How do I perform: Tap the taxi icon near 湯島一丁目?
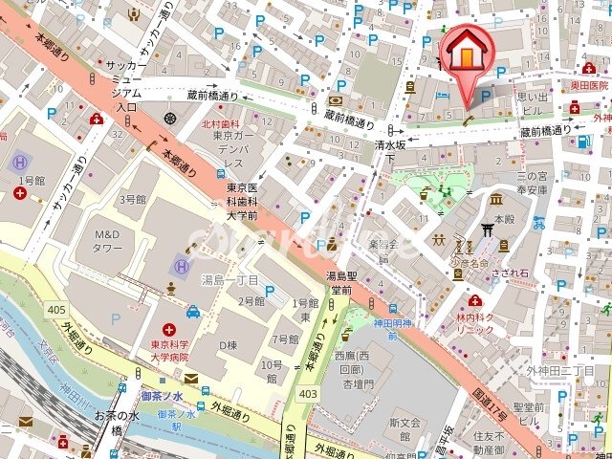pos(193,311)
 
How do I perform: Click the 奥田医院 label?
pos(589,85)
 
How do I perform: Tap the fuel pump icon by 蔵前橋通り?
pos(583,141)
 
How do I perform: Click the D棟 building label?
pos(228,344)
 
